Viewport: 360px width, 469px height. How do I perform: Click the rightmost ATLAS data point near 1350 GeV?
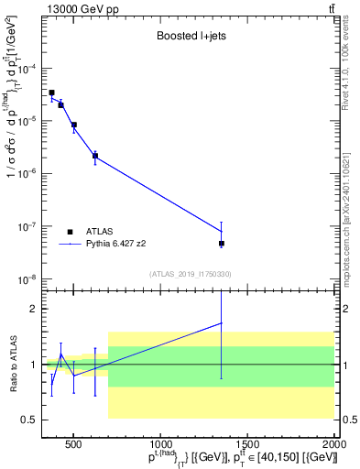click(x=222, y=244)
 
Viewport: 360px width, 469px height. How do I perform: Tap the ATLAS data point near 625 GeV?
click(x=95, y=156)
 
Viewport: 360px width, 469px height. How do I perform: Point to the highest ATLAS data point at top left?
click(x=51, y=93)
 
